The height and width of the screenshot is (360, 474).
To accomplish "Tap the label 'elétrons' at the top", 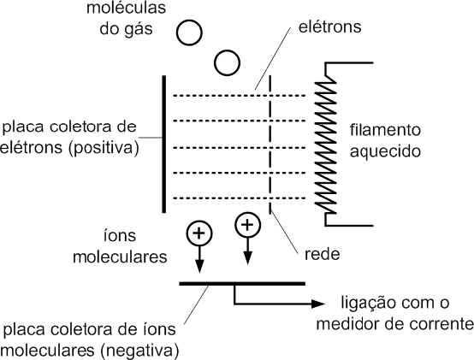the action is tap(329, 27).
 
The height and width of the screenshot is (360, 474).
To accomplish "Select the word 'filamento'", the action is tap(385, 130).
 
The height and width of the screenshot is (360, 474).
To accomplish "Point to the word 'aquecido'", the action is tap(385, 151).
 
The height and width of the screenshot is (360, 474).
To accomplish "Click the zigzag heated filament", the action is tap(326, 145).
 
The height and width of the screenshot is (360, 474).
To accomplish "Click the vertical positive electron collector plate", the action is tap(164, 144).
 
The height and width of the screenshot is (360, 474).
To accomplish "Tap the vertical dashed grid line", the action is tap(270, 145).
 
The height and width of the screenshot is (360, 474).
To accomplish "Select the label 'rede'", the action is tap(322, 254).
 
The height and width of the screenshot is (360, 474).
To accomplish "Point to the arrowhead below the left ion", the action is tap(199, 266).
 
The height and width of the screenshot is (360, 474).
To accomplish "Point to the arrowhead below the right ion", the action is tap(248, 257).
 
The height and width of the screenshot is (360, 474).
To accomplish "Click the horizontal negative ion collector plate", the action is tap(242, 284).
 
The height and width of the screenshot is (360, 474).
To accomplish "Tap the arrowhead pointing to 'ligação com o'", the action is tap(318, 304).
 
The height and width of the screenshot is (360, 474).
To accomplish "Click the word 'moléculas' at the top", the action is tap(126, 8).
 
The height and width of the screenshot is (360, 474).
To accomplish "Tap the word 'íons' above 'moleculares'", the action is tap(120, 235).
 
